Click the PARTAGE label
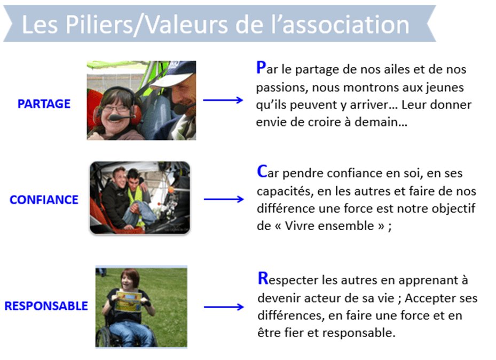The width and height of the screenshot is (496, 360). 44,104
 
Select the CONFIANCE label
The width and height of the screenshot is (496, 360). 44,200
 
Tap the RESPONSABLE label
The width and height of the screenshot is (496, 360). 46,306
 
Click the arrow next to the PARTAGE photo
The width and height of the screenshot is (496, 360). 223,100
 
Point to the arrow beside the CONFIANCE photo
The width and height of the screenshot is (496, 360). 224,199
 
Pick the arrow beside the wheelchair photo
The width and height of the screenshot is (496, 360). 224,307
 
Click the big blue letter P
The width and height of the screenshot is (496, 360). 261,67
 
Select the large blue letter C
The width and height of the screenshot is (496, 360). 262,171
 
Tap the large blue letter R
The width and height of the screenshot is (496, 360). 263,278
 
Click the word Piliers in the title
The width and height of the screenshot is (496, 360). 99,25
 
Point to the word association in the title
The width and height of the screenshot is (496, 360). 346,25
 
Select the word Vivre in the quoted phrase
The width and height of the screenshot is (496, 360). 298,226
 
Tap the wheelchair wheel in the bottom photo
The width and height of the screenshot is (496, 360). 104,337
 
